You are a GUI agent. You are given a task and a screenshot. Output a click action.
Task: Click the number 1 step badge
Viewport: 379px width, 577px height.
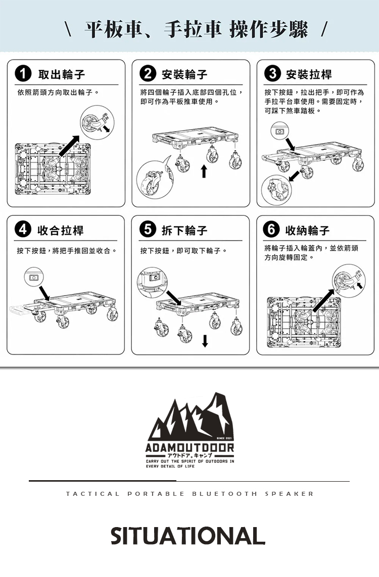point(23,74)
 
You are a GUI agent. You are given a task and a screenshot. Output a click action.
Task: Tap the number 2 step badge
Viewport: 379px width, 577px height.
point(147,74)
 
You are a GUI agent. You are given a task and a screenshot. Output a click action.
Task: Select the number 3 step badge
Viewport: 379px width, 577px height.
point(272,74)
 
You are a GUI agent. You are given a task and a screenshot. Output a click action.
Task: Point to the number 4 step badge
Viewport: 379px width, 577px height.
point(23,229)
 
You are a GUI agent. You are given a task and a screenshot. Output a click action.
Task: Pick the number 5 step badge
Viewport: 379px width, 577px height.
point(147,229)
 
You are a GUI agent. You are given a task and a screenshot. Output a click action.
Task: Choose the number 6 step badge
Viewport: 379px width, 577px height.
point(271,229)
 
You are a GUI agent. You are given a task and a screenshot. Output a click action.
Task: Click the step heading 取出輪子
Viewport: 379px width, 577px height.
point(62,75)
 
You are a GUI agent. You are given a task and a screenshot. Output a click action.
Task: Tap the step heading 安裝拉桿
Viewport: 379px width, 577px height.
point(309,75)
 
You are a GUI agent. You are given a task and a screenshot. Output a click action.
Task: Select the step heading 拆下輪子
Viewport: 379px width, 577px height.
point(184,230)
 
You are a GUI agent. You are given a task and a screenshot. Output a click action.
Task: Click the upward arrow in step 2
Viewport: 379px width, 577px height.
point(204,171)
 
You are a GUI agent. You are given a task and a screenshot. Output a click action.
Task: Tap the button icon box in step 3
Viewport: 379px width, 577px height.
point(280,131)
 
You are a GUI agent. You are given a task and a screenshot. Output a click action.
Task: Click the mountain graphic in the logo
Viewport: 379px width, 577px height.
point(190,417)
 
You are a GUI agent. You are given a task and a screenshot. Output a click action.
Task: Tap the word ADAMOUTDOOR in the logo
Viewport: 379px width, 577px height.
point(190,448)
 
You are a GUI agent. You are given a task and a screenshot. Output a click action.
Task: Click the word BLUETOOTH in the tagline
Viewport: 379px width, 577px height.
point(224,494)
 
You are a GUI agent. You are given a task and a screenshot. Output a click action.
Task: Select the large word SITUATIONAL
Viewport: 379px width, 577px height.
point(188,536)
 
